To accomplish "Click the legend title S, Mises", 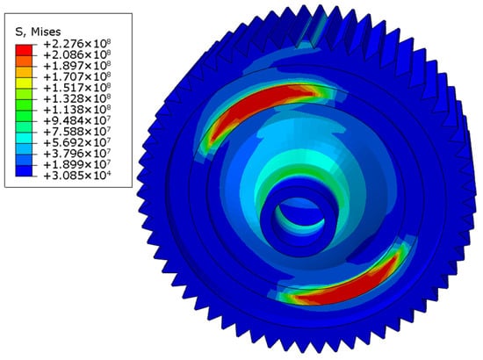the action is coord(38,32).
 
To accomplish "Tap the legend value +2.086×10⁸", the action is coord(77,54).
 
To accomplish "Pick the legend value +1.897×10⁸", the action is coord(77,66).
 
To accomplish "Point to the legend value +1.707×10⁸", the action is coord(77,76).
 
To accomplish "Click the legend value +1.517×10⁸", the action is coord(77,88).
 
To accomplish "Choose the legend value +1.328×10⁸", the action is coord(77,98).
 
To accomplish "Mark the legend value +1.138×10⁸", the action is coord(77,110).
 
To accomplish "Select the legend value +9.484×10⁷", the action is coord(77,120).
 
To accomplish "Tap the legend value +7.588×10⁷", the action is coord(77,132).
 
